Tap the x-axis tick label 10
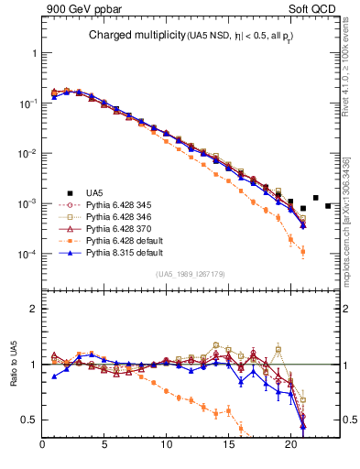167,447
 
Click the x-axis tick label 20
290,447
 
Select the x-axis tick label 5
104,447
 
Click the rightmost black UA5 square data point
328,206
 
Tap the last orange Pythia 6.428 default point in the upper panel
303,251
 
